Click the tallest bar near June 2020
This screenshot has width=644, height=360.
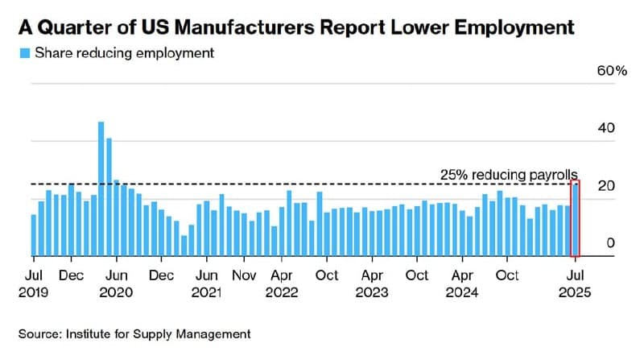tap(101, 189)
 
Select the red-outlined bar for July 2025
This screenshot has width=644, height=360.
tap(575, 219)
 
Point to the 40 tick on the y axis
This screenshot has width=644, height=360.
tap(606, 128)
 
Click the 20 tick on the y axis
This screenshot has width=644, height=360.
tap(606, 185)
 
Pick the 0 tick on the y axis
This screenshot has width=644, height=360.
tap(609, 243)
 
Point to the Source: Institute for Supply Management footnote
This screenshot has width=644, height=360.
tap(135, 333)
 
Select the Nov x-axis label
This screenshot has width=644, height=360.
tap(245, 275)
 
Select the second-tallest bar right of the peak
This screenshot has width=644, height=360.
tap(109, 197)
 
